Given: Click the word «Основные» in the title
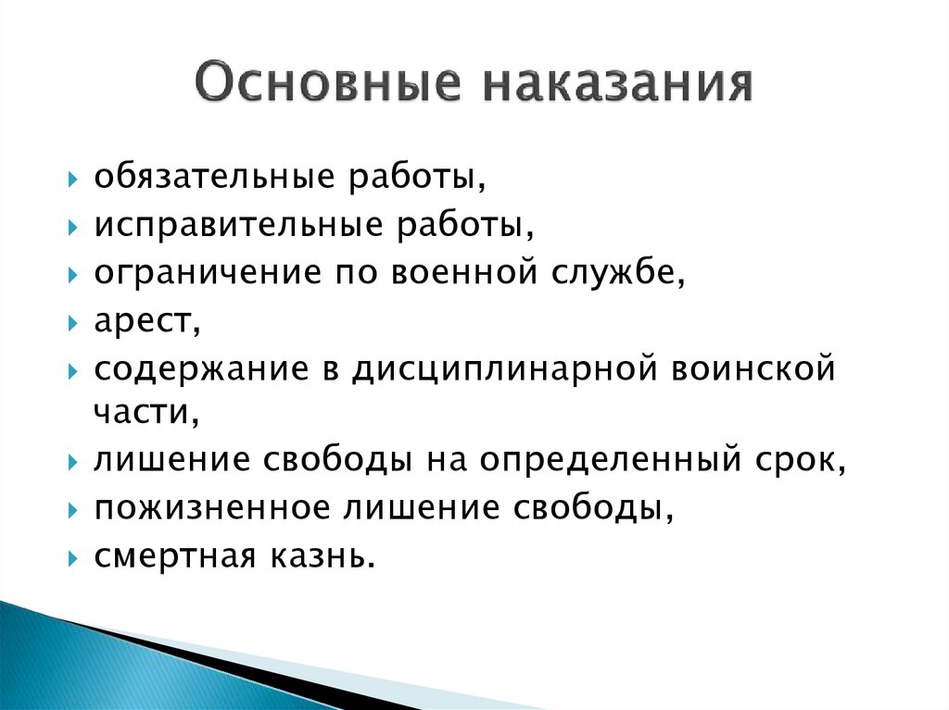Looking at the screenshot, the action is pyautogui.click(x=327, y=81).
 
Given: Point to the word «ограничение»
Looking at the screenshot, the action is pyautogui.click(x=208, y=273).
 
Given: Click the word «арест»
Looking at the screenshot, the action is pyautogui.click(x=143, y=320).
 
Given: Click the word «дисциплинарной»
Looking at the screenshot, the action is pyautogui.click(x=505, y=369).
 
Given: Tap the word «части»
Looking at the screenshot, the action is pyautogui.click(x=142, y=412).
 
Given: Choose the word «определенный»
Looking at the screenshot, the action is pyautogui.click(x=610, y=460).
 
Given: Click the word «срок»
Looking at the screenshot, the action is pyautogui.click(x=795, y=461).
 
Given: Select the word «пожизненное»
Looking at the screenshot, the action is pyautogui.click(x=212, y=507).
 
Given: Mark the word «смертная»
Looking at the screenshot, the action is pyautogui.click(x=175, y=557).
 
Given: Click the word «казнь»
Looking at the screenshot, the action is pyautogui.click(x=317, y=555).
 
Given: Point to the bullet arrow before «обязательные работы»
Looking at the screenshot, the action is pyautogui.click(x=73, y=180).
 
